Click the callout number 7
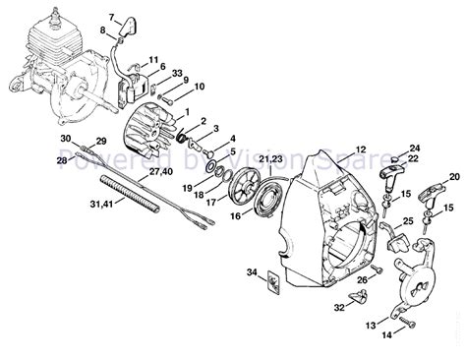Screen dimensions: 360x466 [x=112, y=19]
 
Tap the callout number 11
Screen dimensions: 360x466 [x=153, y=61]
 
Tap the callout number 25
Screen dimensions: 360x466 [x=408, y=221]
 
